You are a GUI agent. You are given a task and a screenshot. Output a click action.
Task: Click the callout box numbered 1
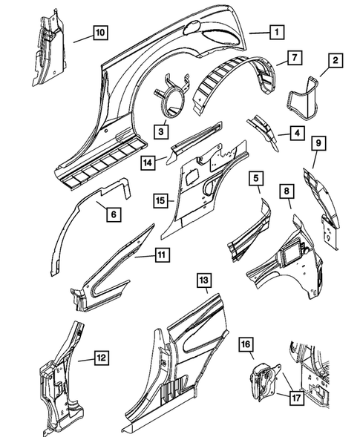[x=277, y=32]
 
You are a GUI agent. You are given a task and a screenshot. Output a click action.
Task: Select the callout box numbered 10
[x=100, y=33]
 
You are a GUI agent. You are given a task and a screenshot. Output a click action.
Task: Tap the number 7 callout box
[x=295, y=58]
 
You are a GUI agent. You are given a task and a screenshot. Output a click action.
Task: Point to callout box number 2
[x=336, y=60]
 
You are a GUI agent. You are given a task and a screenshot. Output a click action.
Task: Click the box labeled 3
[x=161, y=131]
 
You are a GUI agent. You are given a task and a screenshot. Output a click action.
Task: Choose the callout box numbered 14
[x=148, y=162]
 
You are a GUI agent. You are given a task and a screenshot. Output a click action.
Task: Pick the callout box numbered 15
[x=161, y=200]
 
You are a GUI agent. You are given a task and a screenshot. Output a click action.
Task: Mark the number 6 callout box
[x=114, y=214]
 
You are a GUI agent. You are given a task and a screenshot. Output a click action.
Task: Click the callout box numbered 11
[x=162, y=254]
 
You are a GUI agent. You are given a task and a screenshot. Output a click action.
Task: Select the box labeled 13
[x=204, y=280]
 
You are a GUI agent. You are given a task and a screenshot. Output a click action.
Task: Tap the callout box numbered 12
[x=101, y=358]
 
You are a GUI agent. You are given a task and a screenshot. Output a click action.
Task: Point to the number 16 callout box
[x=246, y=344]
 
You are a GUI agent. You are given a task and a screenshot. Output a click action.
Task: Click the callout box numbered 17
[x=296, y=398]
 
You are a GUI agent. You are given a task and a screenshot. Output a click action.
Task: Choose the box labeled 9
[x=318, y=143]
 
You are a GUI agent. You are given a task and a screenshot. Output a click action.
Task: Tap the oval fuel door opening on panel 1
[x=192, y=27]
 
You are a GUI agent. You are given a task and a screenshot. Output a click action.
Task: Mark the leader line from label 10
[x=83, y=39]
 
